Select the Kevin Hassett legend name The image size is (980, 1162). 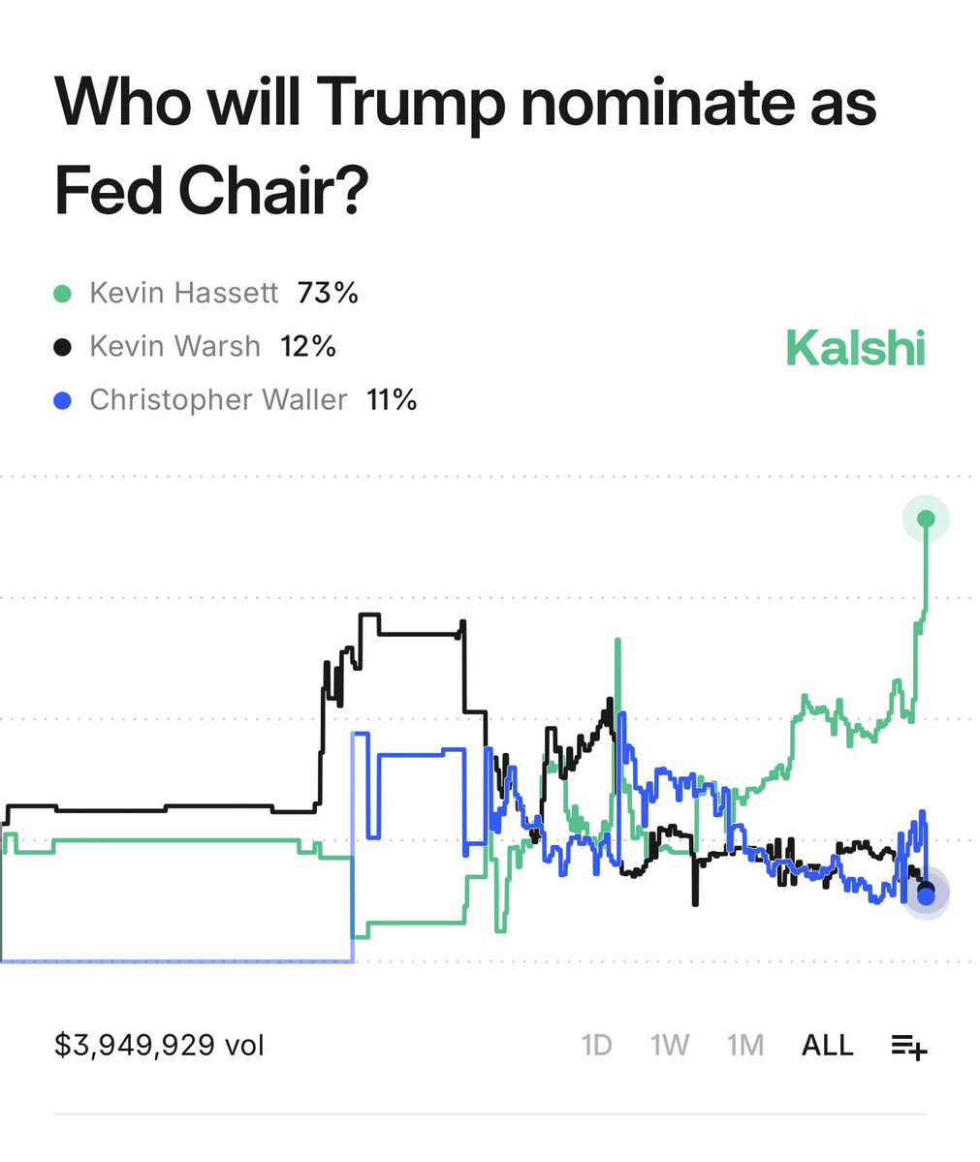coord(184,293)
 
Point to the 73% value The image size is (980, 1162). coord(328,293)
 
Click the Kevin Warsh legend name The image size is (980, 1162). coord(175,346)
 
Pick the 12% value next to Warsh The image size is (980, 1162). coord(308,346)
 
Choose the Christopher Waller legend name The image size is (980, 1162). coord(218,400)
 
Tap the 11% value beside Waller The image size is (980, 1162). coord(392,400)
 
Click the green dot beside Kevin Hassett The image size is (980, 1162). coord(63,294)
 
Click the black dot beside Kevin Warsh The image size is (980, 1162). coord(63,347)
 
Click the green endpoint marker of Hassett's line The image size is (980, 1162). coord(926,518)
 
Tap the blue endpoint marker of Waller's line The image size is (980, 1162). coord(926,896)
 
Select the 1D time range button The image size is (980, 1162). coord(596,1046)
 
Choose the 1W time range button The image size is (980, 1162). coord(670,1046)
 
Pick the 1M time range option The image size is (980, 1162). coord(745,1046)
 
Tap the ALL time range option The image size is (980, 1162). coord(827,1046)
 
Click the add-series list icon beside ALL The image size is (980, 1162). coord(909,1047)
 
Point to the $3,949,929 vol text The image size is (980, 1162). coord(159,1046)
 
